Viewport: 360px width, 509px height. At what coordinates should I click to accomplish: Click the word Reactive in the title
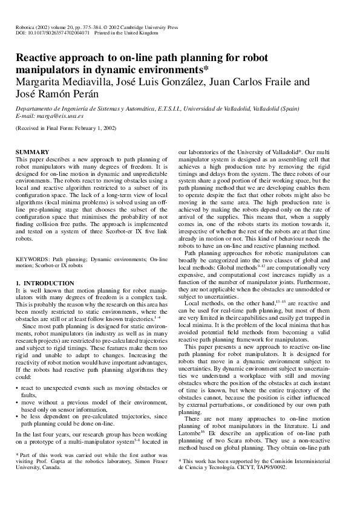click(40, 60)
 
